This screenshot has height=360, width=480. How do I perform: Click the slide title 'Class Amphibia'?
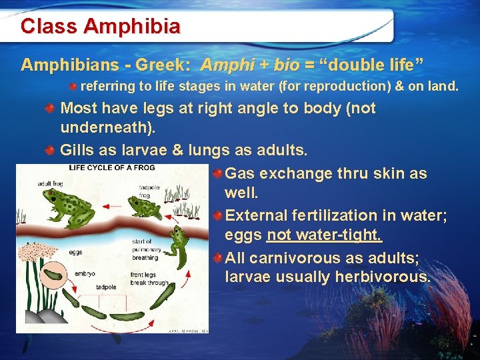tap(100, 27)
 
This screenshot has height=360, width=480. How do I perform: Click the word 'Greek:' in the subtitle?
tap(163, 65)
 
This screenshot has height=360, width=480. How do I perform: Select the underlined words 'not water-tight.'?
tap(324, 235)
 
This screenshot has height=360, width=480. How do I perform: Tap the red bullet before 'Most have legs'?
tap(50, 109)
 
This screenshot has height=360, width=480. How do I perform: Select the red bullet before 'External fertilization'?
tap(218, 216)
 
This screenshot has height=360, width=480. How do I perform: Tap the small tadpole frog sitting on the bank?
tap(144, 207)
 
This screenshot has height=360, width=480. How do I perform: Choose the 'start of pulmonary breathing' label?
tap(145, 249)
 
